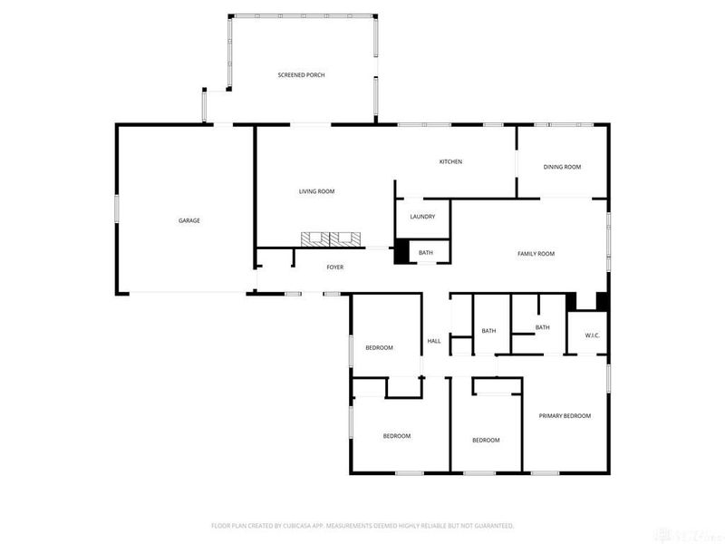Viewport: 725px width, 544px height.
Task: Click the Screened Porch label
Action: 301,74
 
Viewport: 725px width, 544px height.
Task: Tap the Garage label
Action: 188,220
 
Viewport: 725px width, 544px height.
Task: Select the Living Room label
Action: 317,191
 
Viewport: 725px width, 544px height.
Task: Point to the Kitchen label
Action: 450,161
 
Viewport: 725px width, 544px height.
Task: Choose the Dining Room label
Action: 562,167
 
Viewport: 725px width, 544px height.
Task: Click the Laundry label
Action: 422,217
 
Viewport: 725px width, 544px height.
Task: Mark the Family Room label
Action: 536,254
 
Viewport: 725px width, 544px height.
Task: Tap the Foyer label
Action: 335,267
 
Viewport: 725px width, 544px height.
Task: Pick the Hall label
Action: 434,341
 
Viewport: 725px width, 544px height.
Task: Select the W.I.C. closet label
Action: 593,335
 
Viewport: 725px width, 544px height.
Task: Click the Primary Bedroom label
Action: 565,415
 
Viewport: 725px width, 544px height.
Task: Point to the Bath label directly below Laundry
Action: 426,253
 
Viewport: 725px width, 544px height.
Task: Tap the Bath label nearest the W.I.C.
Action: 542,327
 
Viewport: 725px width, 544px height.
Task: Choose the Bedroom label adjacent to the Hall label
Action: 379,348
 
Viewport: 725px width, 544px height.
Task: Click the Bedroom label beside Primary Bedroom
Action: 486,440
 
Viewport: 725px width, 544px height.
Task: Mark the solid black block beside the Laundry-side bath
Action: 401,252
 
